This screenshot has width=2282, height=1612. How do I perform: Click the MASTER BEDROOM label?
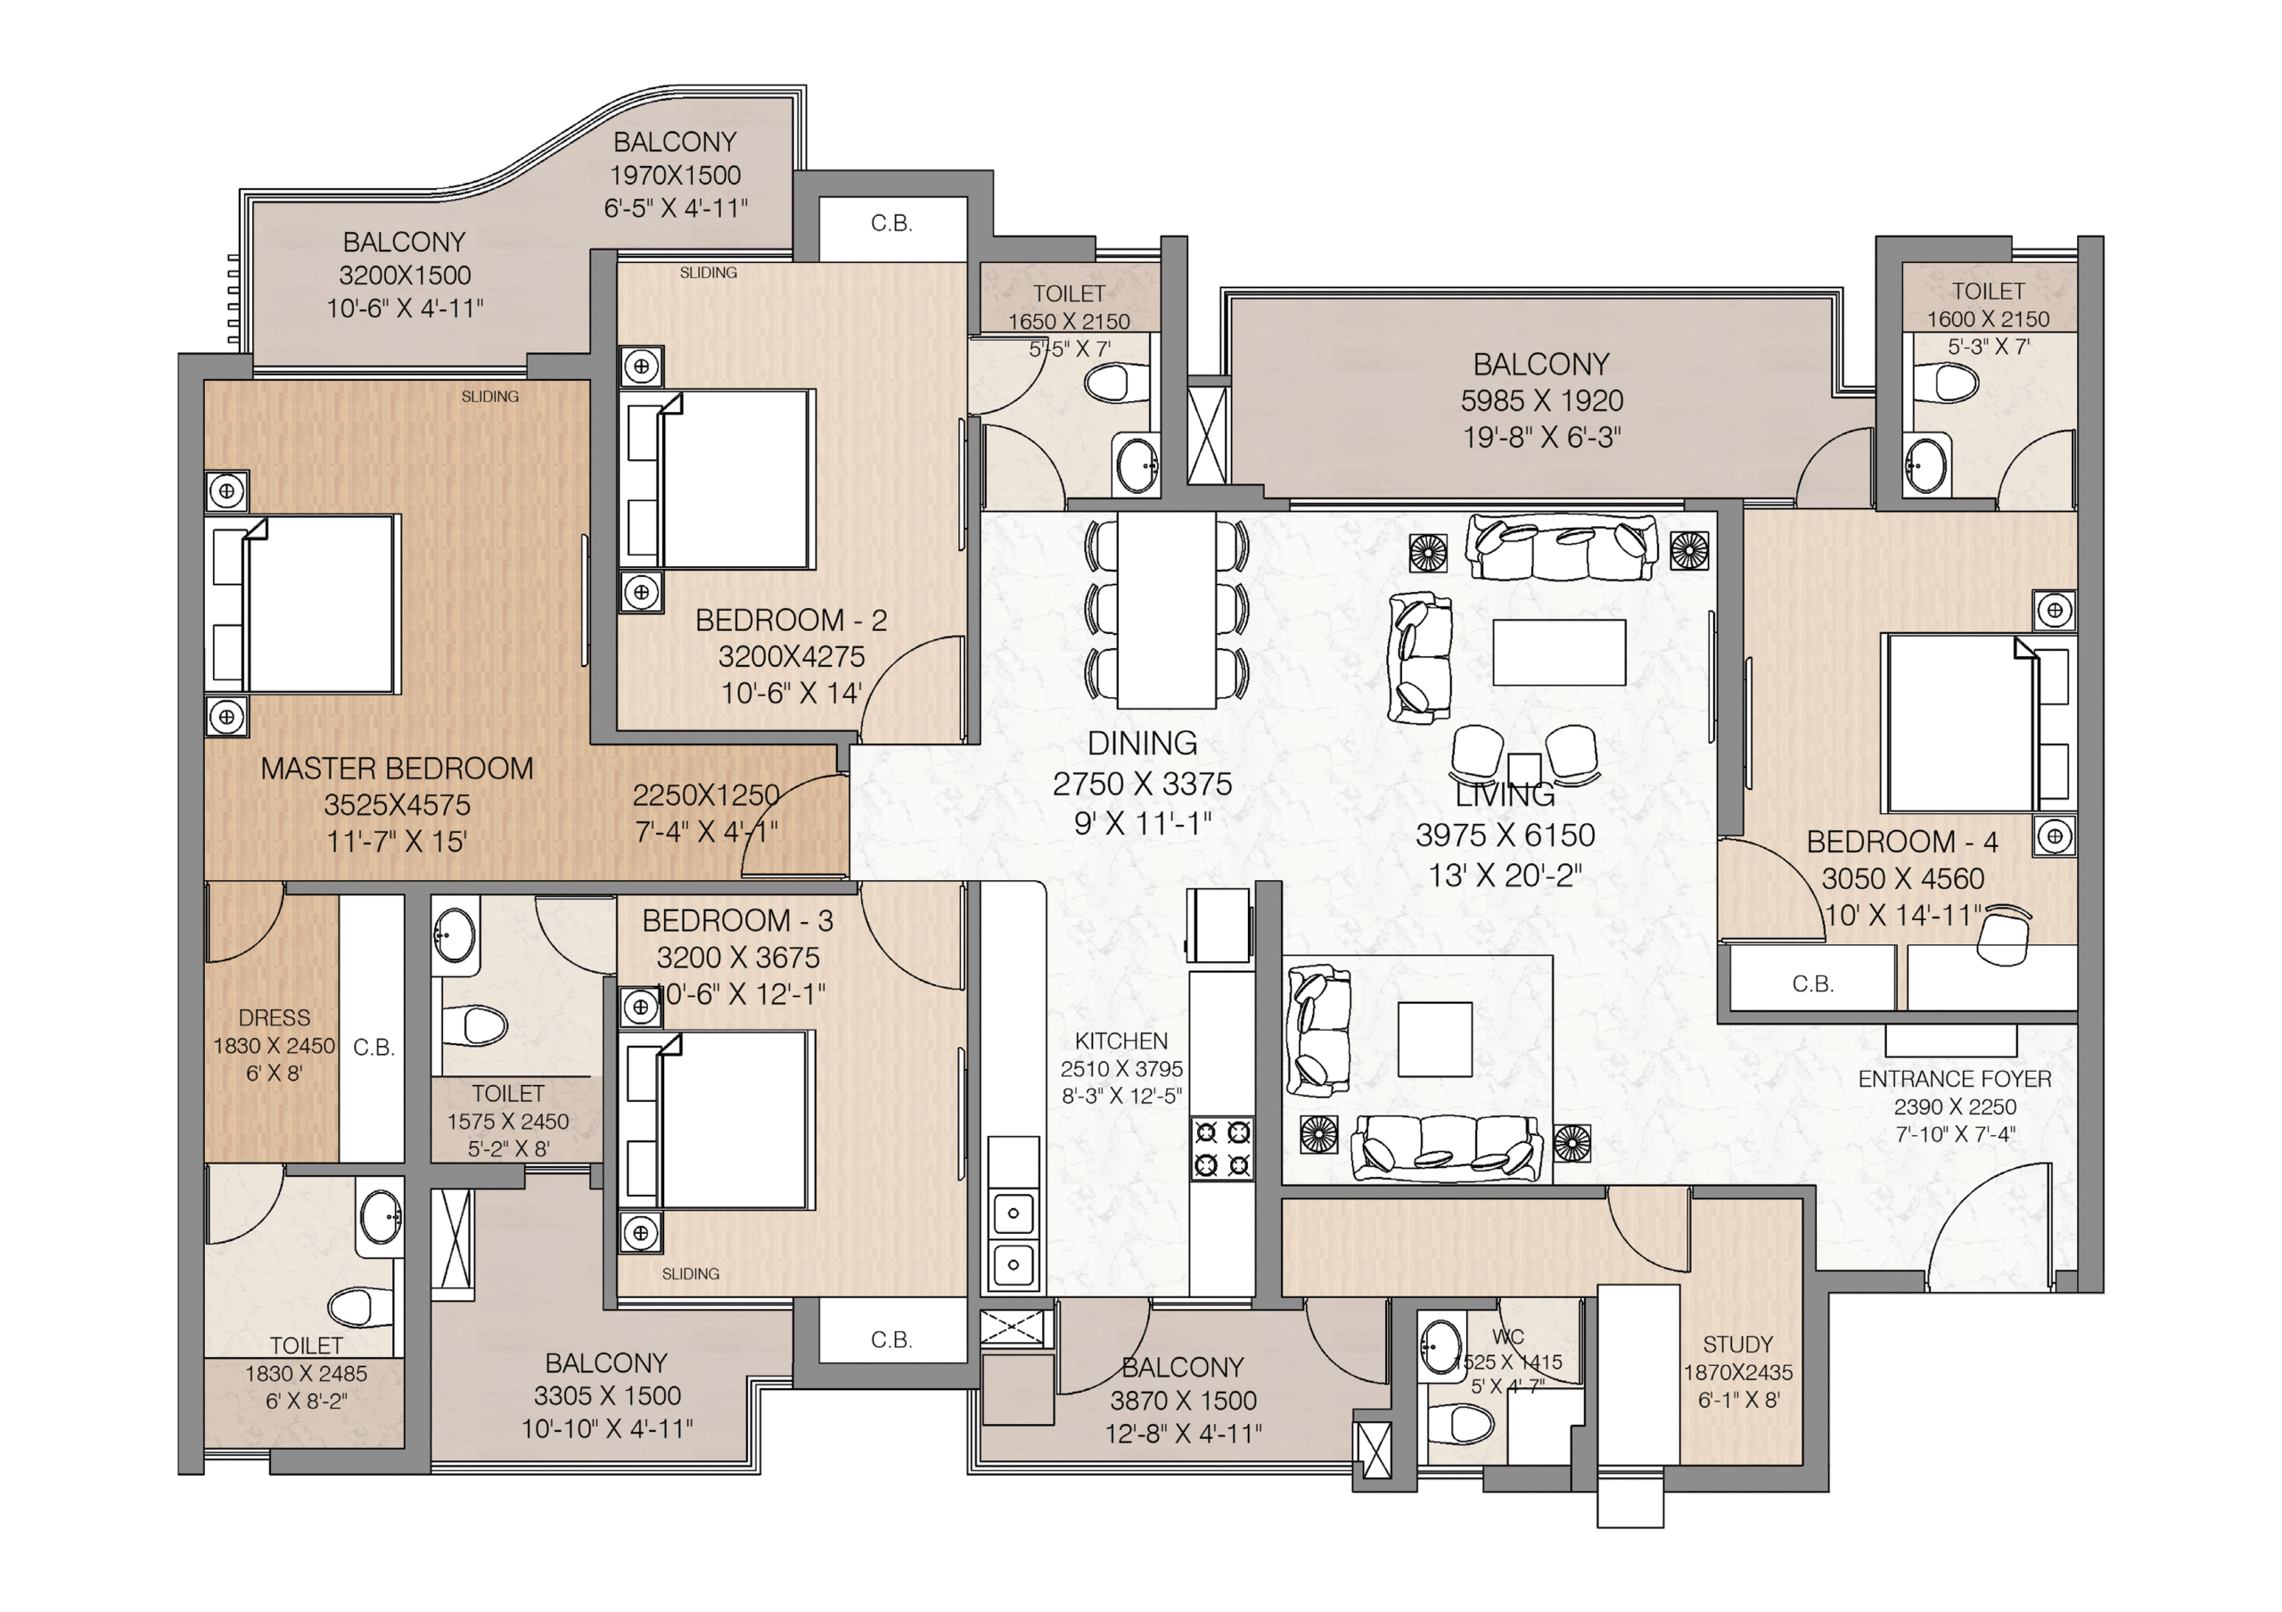point(397,769)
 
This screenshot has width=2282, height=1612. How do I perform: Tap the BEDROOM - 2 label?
point(792,621)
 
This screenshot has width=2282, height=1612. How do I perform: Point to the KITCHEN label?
point(1121,1040)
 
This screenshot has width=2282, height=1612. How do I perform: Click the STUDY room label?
point(1738,1344)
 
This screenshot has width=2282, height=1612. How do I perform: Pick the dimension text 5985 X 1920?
point(1541,400)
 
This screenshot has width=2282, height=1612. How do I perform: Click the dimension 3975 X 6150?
point(1505,835)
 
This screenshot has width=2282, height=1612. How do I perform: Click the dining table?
point(1167,609)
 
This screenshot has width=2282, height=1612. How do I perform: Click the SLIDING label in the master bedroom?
point(490,397)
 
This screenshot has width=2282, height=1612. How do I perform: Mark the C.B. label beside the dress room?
point(373,1048)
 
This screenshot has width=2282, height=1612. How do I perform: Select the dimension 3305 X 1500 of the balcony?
point(607,1395)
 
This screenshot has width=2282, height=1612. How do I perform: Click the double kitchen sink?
point(1014,1238)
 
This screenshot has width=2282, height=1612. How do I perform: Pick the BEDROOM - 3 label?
point(737,921)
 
